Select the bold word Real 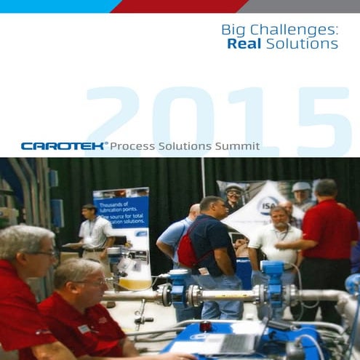point(244,44)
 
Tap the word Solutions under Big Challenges point(302,44)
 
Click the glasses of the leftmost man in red point(44,254)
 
